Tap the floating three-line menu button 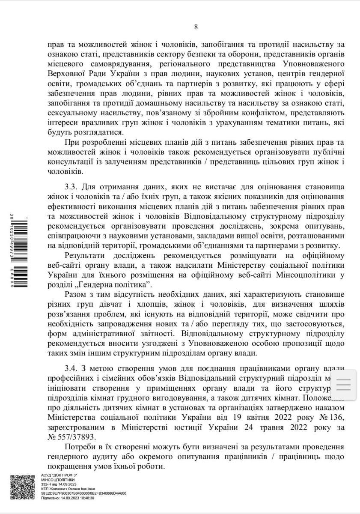tap(344, 384)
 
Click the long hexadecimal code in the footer tap(83, 493)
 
